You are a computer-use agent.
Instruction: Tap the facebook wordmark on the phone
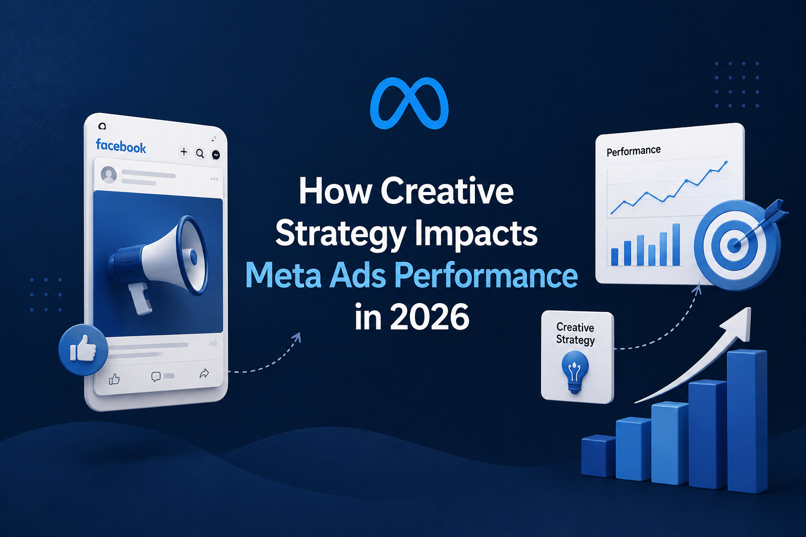coord(121,146)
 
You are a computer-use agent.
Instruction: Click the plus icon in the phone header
coord(184,152)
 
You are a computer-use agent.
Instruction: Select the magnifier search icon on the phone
coord(200,154)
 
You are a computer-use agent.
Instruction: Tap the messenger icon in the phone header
coord(216,155)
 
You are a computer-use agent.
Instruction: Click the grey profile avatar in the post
coord(109,175)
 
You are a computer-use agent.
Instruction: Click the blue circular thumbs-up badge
coord(83,349)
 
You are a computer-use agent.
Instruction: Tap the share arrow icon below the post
coord(204,373)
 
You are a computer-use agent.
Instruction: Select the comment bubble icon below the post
coord(156,377)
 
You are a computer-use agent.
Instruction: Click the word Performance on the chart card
coord(634,151)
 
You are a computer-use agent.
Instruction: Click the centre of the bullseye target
coord(734,245)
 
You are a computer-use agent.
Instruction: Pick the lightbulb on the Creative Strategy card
coord(575,372)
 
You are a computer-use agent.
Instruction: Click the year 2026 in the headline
coord(430,317)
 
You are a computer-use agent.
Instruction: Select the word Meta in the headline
coord(283,275)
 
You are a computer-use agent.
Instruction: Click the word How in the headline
coord(335,191)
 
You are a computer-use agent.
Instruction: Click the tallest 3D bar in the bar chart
coord(747,421)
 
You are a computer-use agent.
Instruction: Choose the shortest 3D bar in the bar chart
coord(598,456)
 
